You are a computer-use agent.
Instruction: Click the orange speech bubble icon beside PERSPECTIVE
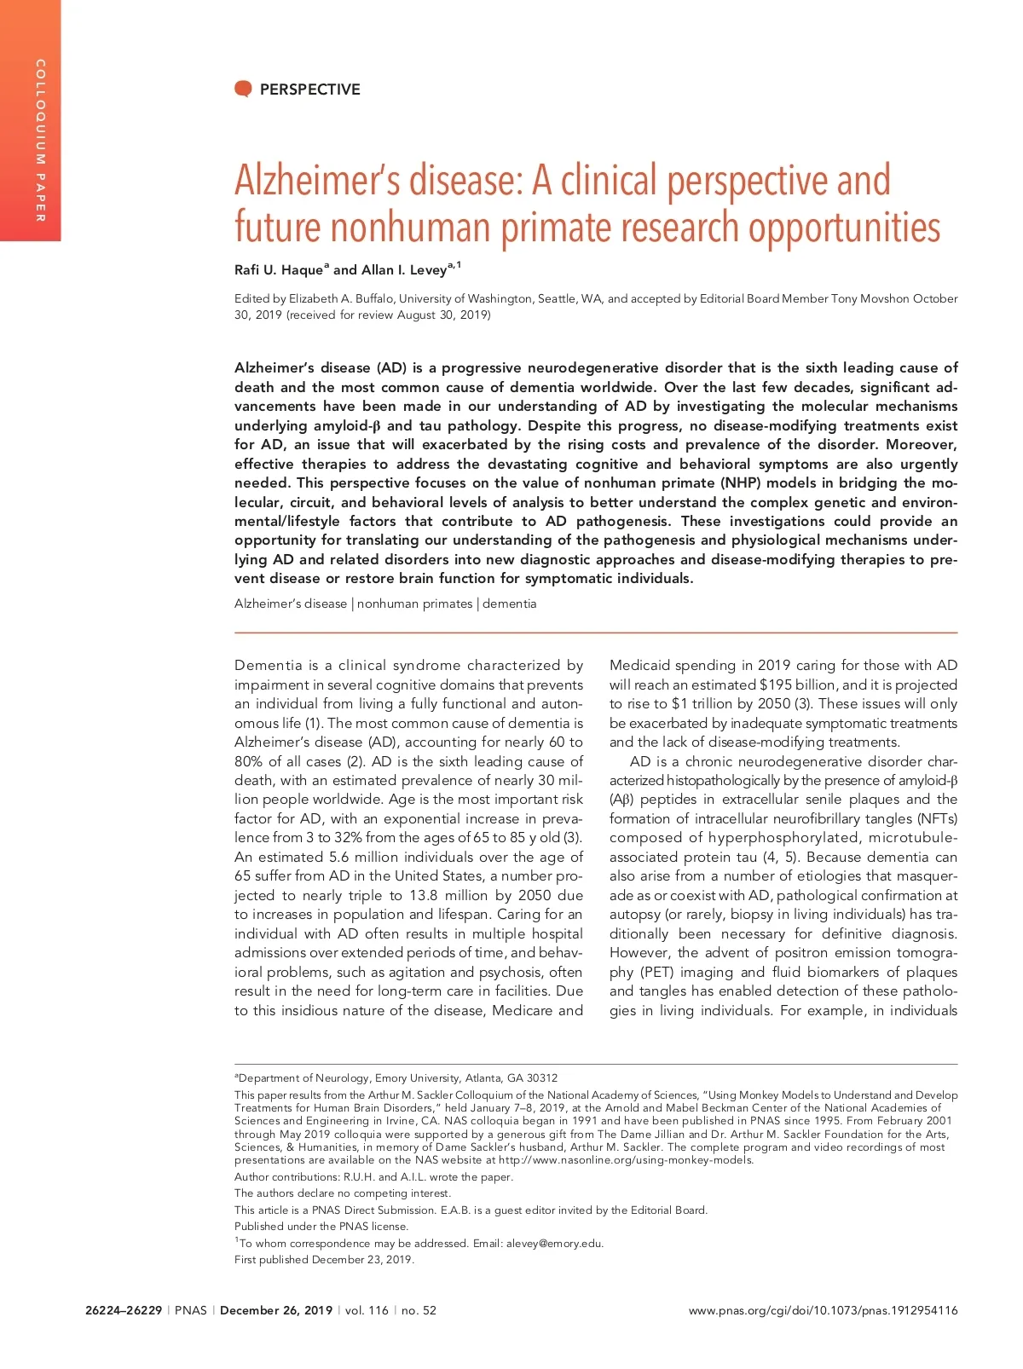coord(243,89)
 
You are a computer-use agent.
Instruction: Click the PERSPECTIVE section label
coord(309,90)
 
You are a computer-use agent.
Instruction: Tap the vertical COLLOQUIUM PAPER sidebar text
coord(39,141)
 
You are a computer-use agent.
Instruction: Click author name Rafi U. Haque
coord(279,270)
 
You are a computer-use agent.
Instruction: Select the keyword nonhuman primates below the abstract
coord(414,604)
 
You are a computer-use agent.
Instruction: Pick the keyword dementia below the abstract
coord(510,604)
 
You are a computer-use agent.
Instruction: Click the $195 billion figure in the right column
coord(798,684)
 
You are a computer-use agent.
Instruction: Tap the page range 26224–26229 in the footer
coord(124,1310)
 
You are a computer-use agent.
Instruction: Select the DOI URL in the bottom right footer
coord(823,1310)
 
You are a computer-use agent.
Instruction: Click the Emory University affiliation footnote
coord(396,1077)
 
